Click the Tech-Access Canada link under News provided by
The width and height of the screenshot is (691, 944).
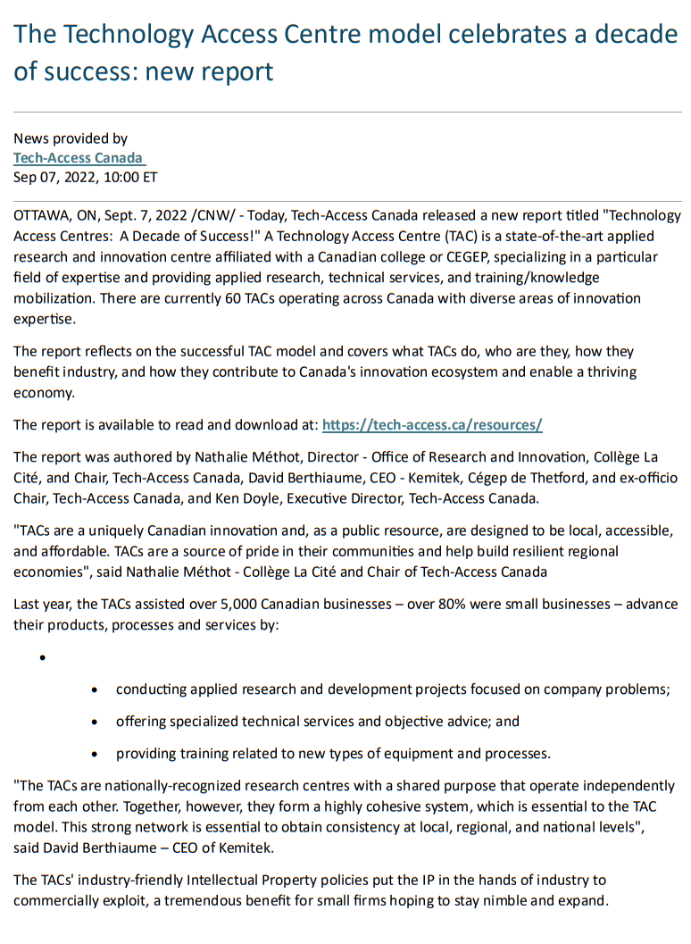click(x=78, y=157)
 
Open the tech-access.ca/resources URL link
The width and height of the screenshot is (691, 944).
click(x=432, y=425)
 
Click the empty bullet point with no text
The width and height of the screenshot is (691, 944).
click(x=42, y=659)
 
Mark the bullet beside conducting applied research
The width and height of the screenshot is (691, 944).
click(x=96, y=690)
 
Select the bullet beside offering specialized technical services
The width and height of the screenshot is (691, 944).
click(x=96, y=722)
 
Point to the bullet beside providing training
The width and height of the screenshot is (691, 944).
click(x=96, y=754)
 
